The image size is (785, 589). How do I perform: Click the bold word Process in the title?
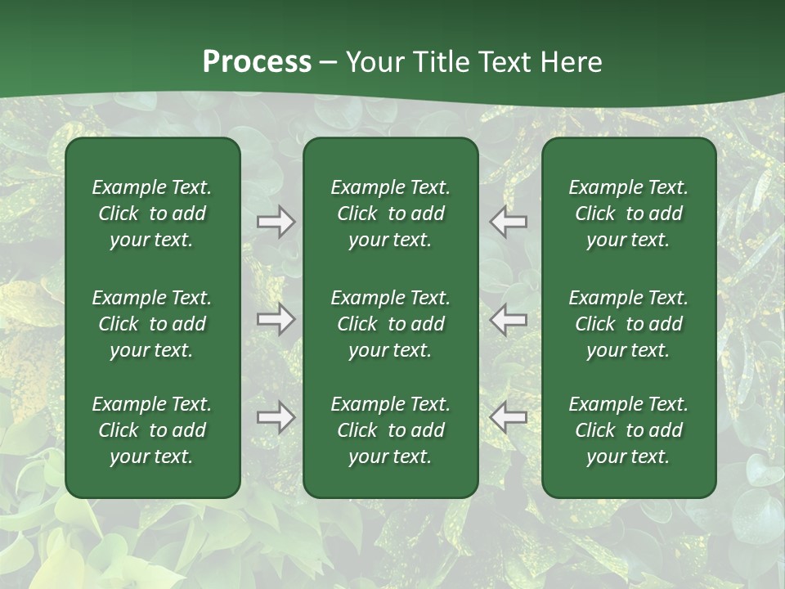(257, 62)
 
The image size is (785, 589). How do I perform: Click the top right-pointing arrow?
(276, 222)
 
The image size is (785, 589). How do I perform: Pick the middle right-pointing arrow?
(276, 319)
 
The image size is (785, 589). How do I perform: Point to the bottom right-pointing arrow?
(276, 417)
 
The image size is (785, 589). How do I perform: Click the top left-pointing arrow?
(509, 222)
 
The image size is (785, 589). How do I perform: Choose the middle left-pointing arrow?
(509, 319)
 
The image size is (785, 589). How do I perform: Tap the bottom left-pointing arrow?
(509, 417)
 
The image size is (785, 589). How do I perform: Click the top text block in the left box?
(152, 214)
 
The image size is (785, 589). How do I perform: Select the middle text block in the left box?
(152, 324)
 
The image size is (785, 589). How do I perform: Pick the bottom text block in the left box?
(152, 430)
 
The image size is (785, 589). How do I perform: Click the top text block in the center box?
(390, 214)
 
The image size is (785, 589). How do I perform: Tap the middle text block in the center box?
(390, 324)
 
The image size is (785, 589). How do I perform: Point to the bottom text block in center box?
(390, 430)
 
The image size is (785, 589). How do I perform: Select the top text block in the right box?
(628, 214)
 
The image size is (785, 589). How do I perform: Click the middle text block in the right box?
(628, 324)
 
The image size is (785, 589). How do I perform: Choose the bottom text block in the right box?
(628, 430)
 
